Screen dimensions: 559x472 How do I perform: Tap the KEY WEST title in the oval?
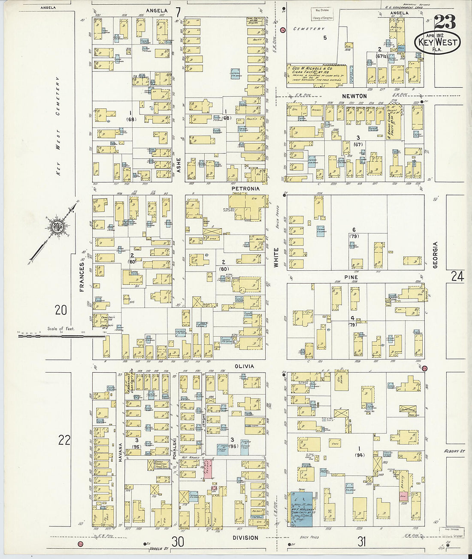[437, 42]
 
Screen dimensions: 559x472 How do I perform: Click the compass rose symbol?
[56, 227]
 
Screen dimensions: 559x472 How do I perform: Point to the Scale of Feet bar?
[60, 336]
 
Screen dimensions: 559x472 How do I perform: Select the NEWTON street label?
[354, 96]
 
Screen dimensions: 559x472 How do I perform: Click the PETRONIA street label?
[245, 188]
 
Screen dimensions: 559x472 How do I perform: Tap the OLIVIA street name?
[244, 366]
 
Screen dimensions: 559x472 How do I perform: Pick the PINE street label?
[351, 277]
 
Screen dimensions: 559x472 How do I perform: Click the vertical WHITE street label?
[276, 257]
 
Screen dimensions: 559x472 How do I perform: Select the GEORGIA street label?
[435, 255]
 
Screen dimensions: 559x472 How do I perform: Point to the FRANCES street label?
[82, 277]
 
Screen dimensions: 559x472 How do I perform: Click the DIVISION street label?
[245, 538]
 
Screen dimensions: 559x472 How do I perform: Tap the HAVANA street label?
[121, 452]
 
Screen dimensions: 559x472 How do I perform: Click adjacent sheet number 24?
[457, 276]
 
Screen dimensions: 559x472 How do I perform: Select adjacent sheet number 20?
[61, 309]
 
